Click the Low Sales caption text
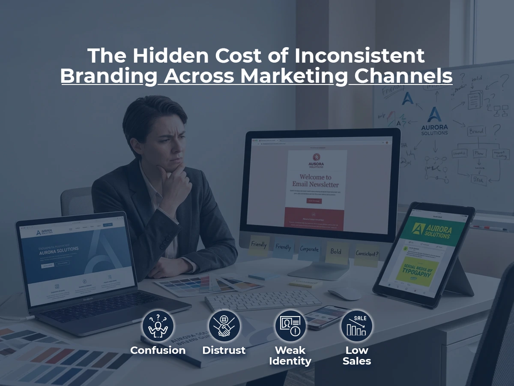(x=356, y=356)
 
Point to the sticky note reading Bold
(x=337, y=252)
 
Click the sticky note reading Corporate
(x=309, y=249)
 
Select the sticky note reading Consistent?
(x=367, y=253)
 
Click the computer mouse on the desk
(x=344, y=293)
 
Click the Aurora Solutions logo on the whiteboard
(x=434, y=121)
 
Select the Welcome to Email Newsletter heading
(x=315, y=181)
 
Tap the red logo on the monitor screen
(x=316, y=157)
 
